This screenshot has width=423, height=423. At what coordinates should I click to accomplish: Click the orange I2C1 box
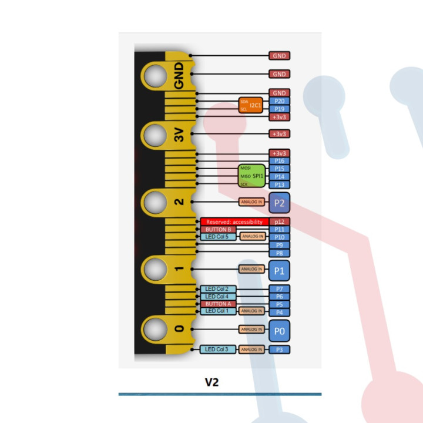[x=251, y=105]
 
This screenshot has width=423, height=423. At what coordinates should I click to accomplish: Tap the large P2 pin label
[x=280, y=203]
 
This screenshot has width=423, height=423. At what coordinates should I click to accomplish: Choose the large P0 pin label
[x=280, y=331]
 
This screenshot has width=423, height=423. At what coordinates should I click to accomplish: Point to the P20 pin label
[x=280, y=101]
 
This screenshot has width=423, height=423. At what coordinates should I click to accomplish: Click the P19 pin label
[x=280, y=109]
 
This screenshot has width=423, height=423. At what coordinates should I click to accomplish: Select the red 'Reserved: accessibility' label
[x=234, y=221]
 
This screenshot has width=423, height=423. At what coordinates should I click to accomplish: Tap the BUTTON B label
[x=219, y=229]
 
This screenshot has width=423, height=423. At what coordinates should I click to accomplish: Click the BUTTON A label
[x=219, y=304]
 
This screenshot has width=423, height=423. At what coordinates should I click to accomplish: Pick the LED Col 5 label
[x=219, y=237]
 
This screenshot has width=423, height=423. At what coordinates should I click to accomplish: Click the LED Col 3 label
[x=219, y=350]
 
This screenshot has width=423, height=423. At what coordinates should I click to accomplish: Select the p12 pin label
[x=280, y=221]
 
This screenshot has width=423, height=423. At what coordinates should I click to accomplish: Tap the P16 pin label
[x=280, y=161]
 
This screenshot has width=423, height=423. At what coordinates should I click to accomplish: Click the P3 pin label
[x=280, y=350]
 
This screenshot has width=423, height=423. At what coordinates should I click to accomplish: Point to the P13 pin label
[x=280, y=184]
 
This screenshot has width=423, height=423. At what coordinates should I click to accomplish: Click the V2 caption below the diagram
[x=212, y=382]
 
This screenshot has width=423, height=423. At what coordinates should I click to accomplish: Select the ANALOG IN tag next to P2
[x=251, y=202]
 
